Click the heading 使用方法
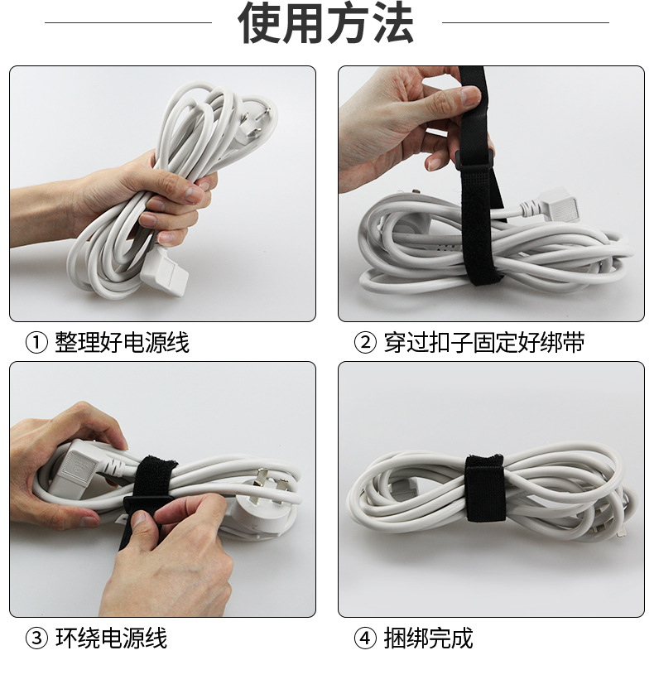click(325, 23)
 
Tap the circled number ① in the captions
click(36, 343)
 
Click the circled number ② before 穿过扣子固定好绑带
click(365, 343)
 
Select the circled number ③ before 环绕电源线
click(36, 638)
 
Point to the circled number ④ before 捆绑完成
click(365, 638)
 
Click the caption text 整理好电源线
click(122, 343)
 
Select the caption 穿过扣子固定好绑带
click(484, 343)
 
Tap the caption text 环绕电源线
click(111, 638)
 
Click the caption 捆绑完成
click(429, 638)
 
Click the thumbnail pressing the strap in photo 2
click(470, 96)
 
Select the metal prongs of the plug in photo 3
click(271, 485)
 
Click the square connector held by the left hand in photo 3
click(80, 465)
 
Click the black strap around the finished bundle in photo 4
click(483, 489)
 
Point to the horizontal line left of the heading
click(128, 22)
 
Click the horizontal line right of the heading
click(526, 22)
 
